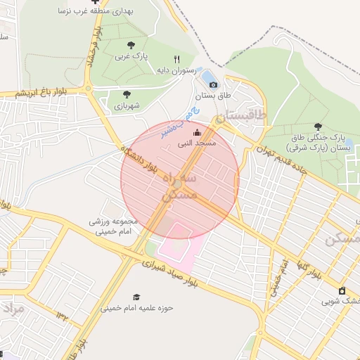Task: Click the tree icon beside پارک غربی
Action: click(x=131, y=46)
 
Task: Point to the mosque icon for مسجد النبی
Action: click(x=196, y=132)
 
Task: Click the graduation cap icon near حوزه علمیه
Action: click(x=136, y=297)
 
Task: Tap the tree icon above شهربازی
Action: click(x=127, y=94)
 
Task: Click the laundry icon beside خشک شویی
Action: click(x=342, y=290)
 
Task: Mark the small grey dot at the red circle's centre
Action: click(x=180, y=184)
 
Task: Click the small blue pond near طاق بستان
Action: click(x=210, y=75)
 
